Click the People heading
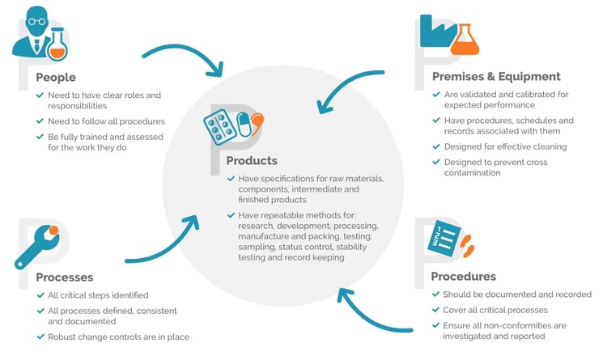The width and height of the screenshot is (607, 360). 56,78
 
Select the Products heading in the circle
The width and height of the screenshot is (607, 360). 252,161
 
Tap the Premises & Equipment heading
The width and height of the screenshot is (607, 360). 495,77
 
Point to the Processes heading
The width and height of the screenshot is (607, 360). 65,277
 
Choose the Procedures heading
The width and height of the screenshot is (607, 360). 464,277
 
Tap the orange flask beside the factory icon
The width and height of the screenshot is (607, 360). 463,40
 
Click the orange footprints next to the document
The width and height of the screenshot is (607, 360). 467,242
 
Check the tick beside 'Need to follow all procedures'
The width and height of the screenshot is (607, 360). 40,121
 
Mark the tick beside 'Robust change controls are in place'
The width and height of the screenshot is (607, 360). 40,336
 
